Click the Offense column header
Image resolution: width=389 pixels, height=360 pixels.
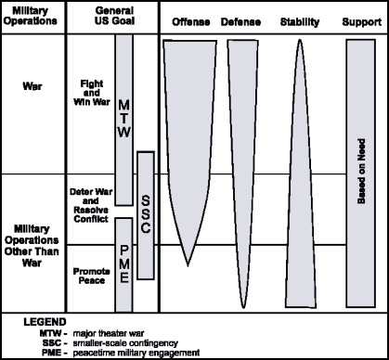click(x=191, y=19)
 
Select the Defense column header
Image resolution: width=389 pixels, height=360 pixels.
click(x=240, y=19)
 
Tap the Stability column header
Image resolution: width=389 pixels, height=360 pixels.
click(x=299, y=19)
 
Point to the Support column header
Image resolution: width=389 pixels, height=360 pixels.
click(x=359, y=19)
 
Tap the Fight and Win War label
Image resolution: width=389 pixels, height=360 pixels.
click(x=94, y=96)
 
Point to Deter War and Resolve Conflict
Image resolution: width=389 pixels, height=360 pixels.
click(x=91, y=202)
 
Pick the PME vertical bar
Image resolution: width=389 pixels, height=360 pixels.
click(x=123, y=264)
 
